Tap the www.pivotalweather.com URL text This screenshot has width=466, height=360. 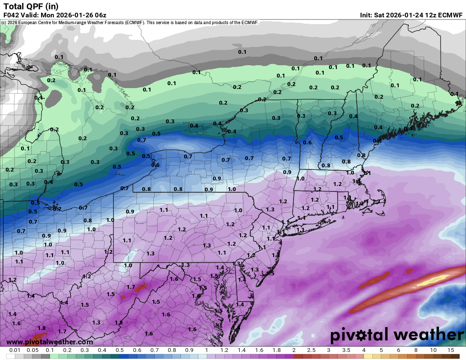[x=50, y=342]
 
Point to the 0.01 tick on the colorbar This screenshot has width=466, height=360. [x=15, y=350]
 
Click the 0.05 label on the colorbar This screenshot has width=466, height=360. [x=32, y=350]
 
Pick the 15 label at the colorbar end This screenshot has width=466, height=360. [x=450, y=350]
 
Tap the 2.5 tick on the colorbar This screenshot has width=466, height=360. [x=311, y=350]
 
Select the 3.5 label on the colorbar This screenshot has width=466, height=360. [x=346, y=350]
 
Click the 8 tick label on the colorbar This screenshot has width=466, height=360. [x=416, y=350]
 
